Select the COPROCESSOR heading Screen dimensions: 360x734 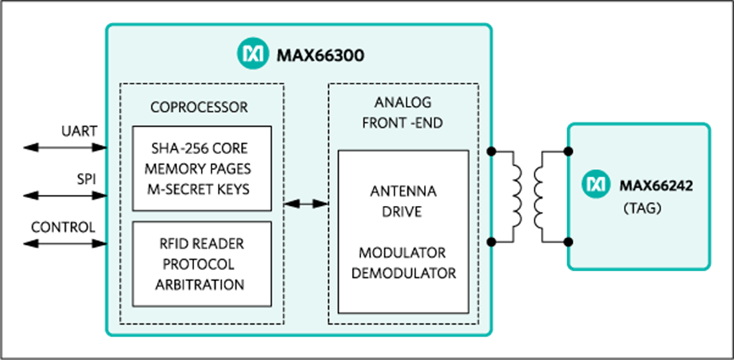click(199, 107)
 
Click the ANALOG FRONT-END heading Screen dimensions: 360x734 click(402, 113)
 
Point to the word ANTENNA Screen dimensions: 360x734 click(402, 192)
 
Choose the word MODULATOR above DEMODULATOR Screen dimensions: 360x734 click(402, 253)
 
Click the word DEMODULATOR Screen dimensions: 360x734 click(402, 274)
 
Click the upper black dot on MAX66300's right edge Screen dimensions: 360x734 click(491, 151)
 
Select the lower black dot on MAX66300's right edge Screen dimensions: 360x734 click(491, 242)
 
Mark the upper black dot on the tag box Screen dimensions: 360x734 click(568, 151)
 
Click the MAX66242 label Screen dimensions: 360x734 click(656, 186)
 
